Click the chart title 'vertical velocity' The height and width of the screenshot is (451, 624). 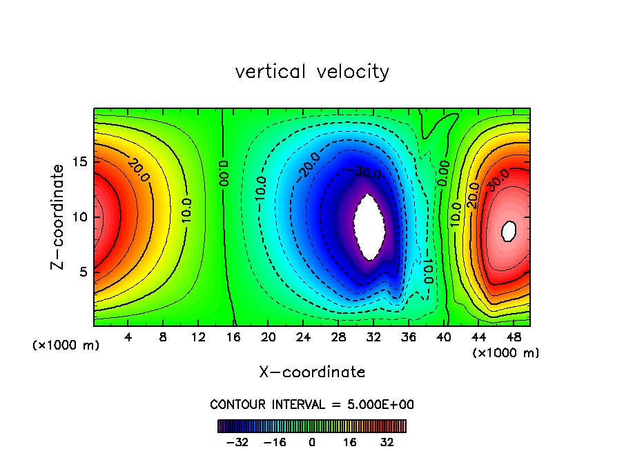(x=312, y=72)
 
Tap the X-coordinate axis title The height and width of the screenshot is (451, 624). (x=312, y=372)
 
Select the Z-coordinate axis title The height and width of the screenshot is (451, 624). (x=60, y=217)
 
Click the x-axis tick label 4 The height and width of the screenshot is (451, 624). (x=128, y=338)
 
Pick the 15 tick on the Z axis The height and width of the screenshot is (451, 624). (x=79, y=162)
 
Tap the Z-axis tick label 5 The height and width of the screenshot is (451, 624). (x=83, y=272)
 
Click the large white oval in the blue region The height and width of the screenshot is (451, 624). (x=369, y=226)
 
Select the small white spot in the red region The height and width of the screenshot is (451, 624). (x=509, y=230)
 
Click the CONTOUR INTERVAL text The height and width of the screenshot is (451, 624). (x=312, y=404)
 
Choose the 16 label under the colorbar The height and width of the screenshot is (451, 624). (x=350, y=442)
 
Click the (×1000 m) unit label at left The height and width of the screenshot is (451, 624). (x=66, y=345)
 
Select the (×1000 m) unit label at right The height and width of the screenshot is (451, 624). (x=506, y=353)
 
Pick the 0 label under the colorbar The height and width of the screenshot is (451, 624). (x=312, y=442)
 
